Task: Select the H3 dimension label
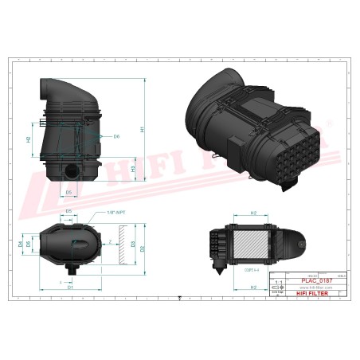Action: (x=133, y=168)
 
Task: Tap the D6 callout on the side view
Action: (x=116, y=136)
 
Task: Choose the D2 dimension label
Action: (x=143, y=248)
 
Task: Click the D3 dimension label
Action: (x=133, y=245)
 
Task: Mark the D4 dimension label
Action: (x=21, y=244)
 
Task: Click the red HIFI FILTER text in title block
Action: (x=307, y=294)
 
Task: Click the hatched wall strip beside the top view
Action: (x=123, y=244)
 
